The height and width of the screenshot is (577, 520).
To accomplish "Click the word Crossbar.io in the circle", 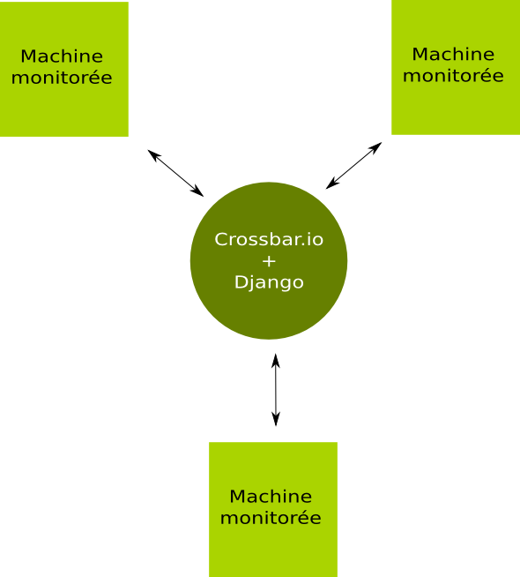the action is click(x=269, y=239).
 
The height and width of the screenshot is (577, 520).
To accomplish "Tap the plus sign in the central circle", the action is click(x=269, y=261).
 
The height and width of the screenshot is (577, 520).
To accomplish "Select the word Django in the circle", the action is click(x=269, y=283).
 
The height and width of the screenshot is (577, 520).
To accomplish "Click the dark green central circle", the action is click(x=269, y=260).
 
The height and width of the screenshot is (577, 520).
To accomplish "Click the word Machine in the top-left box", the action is click(x=62, y=56).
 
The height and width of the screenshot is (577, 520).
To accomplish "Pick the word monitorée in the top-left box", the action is click(x=62, y=78).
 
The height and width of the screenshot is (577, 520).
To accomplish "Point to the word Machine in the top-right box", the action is click(x=453, y=54).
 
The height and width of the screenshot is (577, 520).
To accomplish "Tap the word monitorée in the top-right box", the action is click(x=453, y=76).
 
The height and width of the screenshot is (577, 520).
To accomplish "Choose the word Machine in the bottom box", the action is click(x=271, y=497).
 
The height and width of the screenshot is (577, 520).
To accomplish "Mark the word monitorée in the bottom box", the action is click(x=271, y=518).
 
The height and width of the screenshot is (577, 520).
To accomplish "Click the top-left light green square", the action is click(x=64, y=69).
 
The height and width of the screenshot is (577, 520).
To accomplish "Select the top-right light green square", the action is click(x=456, y=67).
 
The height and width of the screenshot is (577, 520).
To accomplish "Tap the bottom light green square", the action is click(x=273, y=510).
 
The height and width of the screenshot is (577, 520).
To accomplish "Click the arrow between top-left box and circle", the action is click(x=175, y=173).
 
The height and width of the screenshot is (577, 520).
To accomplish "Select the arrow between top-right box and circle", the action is click(x=353, y=166).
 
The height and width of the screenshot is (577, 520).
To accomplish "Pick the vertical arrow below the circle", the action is click(x=276, y=390).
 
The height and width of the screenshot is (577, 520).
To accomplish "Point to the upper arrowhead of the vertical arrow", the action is click(x=276, y=360).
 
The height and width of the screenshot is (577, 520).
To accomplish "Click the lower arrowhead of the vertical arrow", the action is click(x=276, y=419).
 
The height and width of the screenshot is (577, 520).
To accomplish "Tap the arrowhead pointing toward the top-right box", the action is click(x=375, y=147).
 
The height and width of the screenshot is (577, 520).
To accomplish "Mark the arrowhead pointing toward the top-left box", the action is click(x=153, y=154).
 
